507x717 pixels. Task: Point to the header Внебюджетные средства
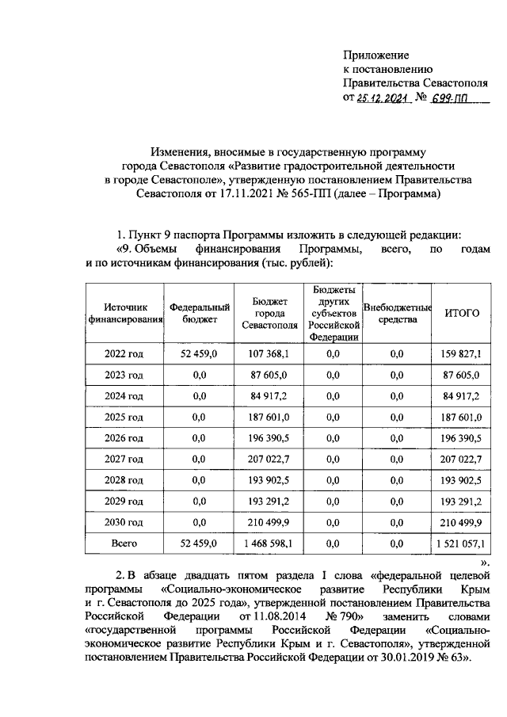coord(397,313)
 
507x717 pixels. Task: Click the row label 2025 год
coord(124,417)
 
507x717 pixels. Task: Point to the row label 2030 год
coord(124,521)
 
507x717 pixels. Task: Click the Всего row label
coord(124,543)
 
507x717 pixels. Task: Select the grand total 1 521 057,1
coord(460,543)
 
